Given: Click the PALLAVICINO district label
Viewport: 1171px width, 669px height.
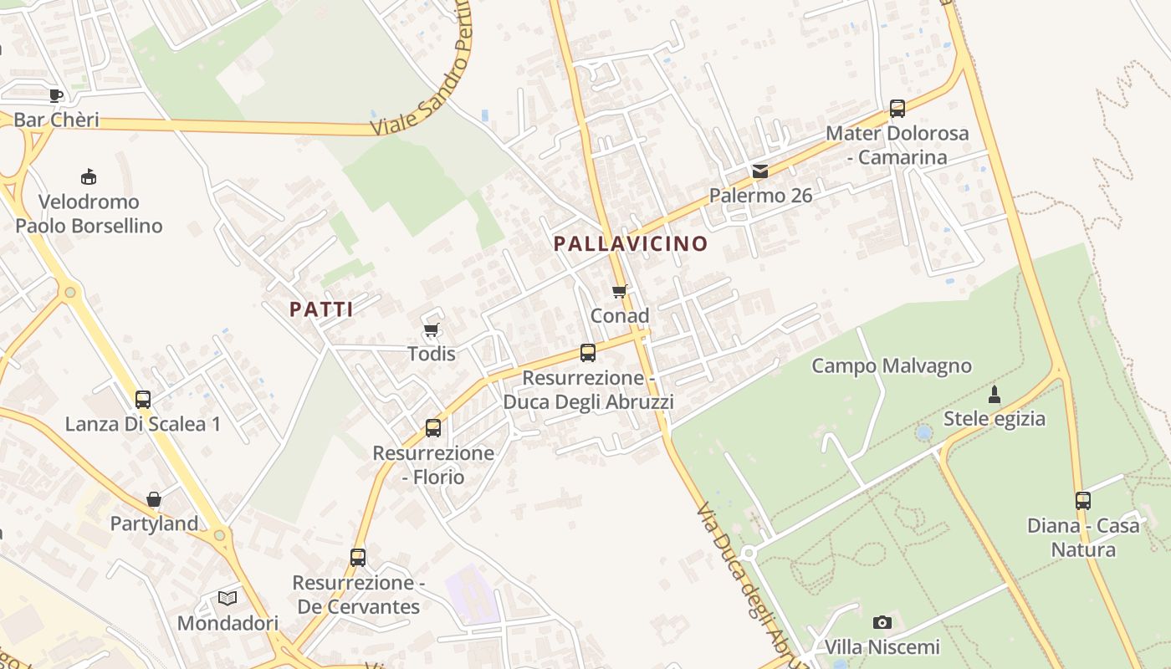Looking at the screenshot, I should tap(631, 244).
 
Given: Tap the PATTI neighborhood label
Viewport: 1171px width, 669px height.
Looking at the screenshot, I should tap(321, 309).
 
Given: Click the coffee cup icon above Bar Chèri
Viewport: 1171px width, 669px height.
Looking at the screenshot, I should tap(56, 95).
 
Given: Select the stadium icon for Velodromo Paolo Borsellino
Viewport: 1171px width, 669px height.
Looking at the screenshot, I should tap(88, 177).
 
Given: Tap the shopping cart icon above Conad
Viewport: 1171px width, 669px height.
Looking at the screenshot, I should tap(619, 291).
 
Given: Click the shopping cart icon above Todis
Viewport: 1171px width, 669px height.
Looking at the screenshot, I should tap(431, 329).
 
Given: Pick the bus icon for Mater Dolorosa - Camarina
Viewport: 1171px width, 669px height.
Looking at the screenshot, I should tap(897, 108).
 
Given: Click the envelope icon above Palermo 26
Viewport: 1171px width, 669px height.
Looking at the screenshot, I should tap(759, 171).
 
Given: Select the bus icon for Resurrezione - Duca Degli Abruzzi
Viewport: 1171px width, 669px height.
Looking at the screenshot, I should tap(588, 353).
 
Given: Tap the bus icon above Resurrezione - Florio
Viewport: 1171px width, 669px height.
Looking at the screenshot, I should tap(433, 428).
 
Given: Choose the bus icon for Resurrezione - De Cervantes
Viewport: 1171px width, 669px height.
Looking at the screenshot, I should tap(358, 558).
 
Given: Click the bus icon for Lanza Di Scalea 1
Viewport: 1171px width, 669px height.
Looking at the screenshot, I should tap(143, 400).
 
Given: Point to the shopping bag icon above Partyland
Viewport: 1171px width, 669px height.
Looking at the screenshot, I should tap(154, 500).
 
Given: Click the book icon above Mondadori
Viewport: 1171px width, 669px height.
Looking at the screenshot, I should tap(228, 598).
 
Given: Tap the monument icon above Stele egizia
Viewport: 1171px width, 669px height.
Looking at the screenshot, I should tap(995, 394).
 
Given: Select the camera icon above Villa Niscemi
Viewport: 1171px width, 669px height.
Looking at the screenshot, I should tap(882, 622).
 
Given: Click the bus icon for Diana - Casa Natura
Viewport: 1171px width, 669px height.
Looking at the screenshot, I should tap(1083, 501).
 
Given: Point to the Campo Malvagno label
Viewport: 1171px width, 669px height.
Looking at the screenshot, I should tap(892, 366).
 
